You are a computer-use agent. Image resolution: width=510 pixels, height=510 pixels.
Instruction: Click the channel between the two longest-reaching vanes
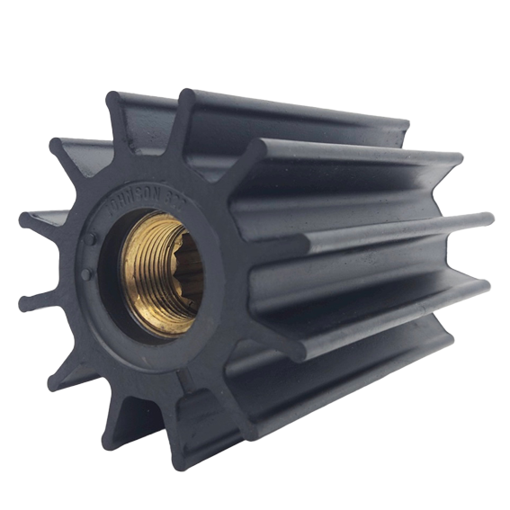(x=378, y=261)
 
